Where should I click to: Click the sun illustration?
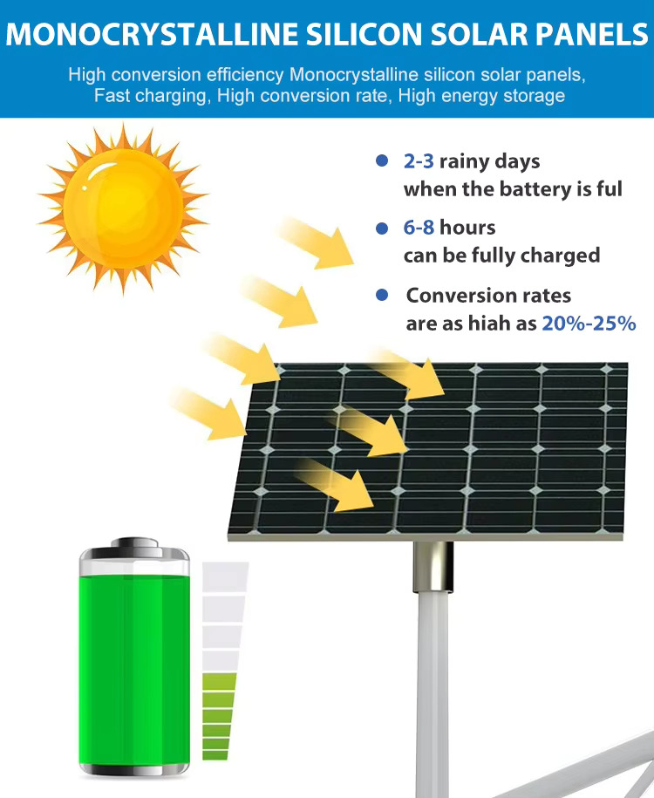pyautogui.click(x=123, y=208)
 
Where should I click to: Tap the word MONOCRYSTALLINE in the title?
pyautogui.click(x=152, y=35)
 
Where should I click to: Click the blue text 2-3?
pyautogui.click(x=419, y=161)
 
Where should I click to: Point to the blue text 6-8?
pyautogui.click(x=419, y=228)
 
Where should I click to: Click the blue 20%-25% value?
pyautogui.click(x=589, y=324)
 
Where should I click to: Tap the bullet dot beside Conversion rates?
pyautogui.click(x=382, y=295)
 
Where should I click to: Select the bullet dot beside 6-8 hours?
pyautogui.click(x=382, y=228)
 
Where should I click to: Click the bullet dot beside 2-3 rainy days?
pyautogui.click(x=382, y=160)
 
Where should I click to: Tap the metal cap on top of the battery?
pyautogui.click(x=134, y=548)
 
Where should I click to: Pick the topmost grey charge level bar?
pyautogui.click(x=225, y=576)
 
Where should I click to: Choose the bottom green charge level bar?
pyautogui.click(x=215, y=755)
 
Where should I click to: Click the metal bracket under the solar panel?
pyautogui.click(x=433, y=566)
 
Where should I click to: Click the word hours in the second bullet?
pyautogui.click(x=467, y=228)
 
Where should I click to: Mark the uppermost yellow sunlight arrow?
pyautogui.click(x=316, y=242)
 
